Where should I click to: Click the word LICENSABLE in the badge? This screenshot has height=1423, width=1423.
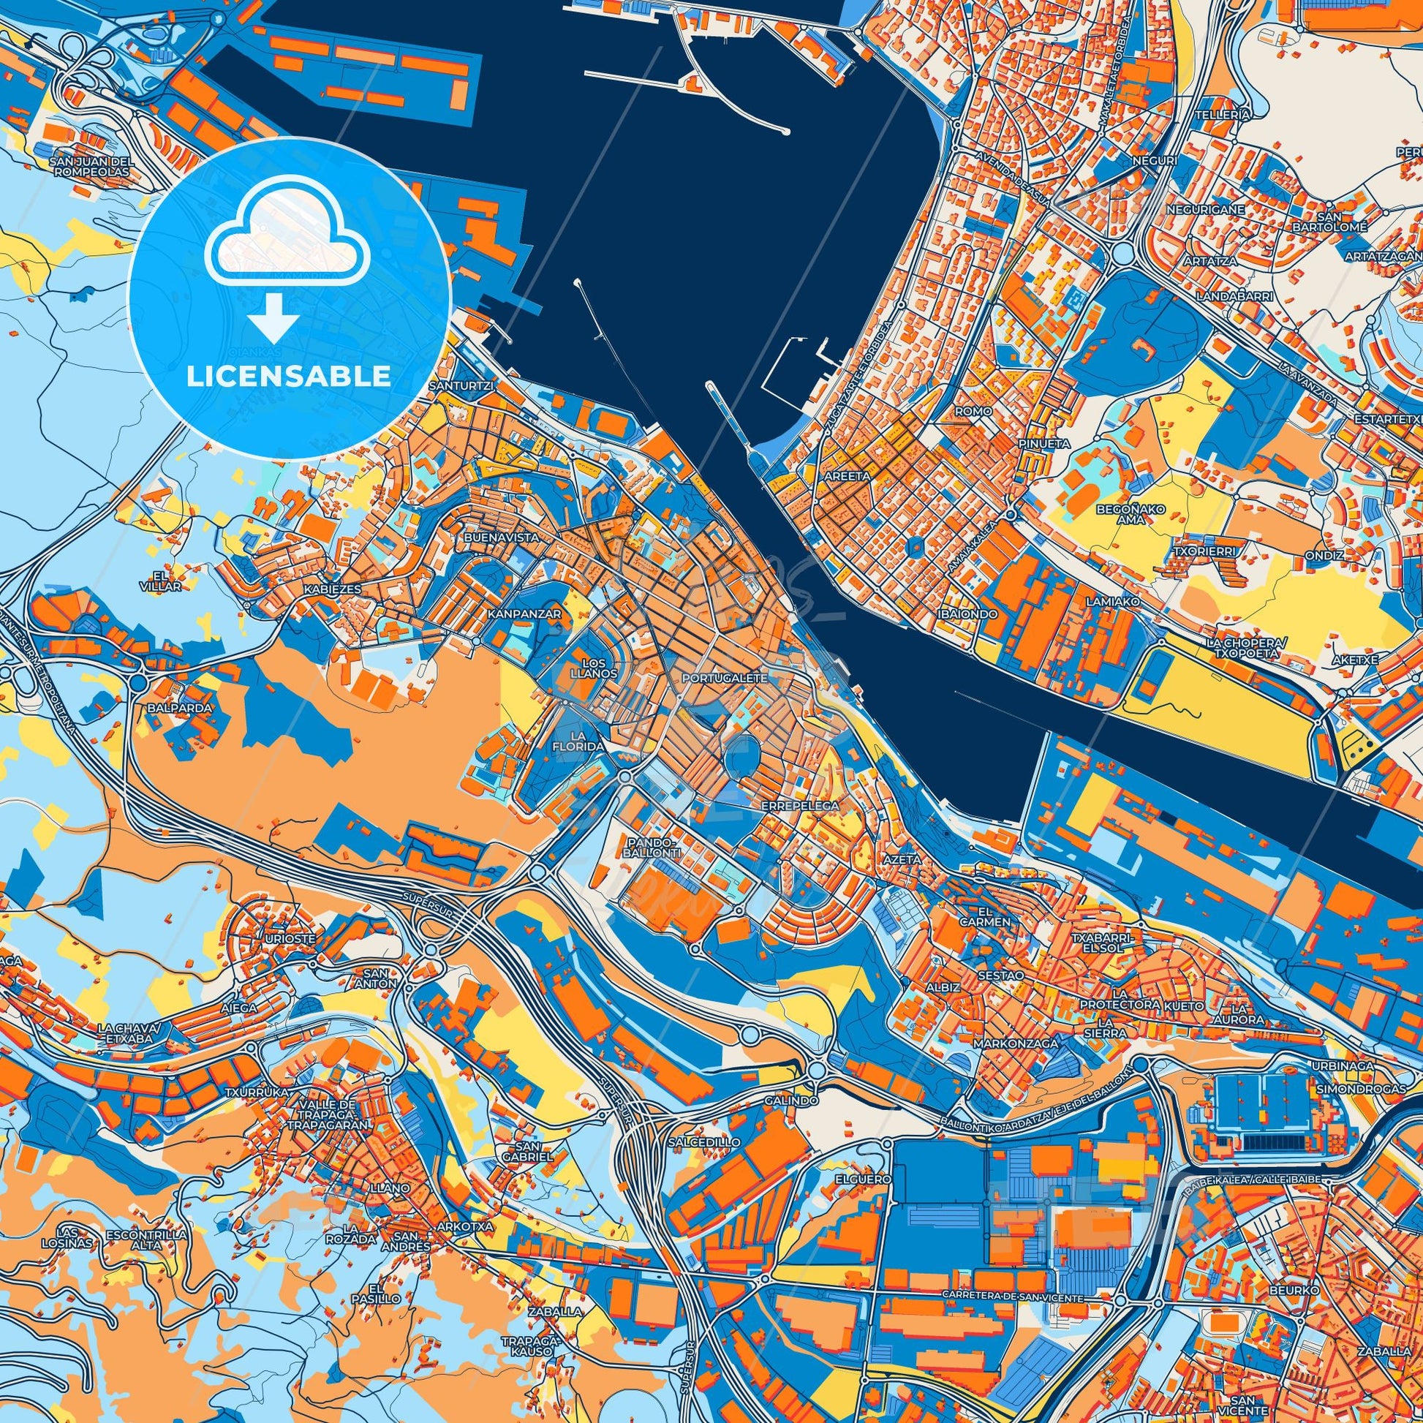[288, 377]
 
